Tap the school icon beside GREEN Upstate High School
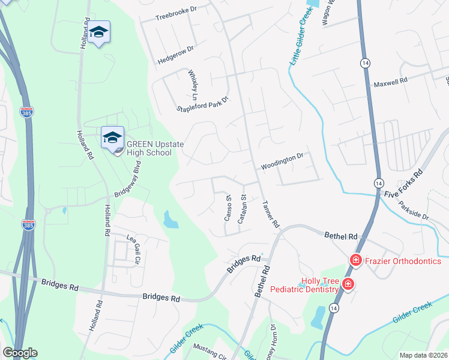click(x=112, y=137)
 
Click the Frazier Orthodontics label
click(x=403, y=261)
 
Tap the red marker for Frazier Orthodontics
click(x=355, y=260)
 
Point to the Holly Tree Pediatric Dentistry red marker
click(x=348, y=284)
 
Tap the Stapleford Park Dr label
click(x=203, y=104)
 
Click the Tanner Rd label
click(x=271, y=214)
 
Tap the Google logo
click(x=20, y=353)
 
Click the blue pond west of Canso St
click(x=170, y=220)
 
